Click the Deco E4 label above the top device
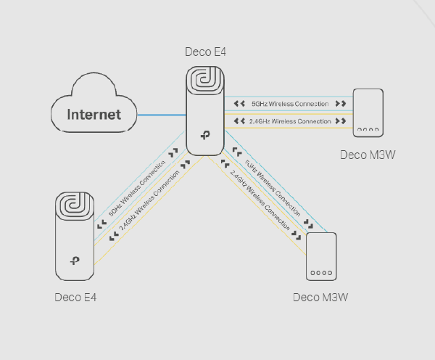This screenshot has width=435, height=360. tap(207, 52)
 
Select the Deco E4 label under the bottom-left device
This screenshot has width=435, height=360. tap(75, 298)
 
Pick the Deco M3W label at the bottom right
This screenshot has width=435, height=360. tap(321, 298)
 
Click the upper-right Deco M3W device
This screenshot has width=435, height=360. tap(367, 113)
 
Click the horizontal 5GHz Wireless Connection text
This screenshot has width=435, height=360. tap(290, 104)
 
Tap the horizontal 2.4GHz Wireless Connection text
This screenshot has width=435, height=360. tap(290, 121)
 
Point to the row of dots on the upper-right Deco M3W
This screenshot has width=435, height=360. tap(367, 131)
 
